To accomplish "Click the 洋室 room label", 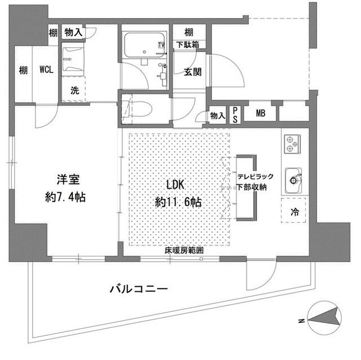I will coord(67,180).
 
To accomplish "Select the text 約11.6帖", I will coord(178,201).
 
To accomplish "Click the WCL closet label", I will coord(47,70).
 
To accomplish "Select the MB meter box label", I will coord(261,114).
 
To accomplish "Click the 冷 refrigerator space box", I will coord(294,213).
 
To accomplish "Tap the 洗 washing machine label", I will coord(74,89).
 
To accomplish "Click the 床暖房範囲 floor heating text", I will coord(183,250).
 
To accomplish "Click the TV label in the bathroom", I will coord(162,45).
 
